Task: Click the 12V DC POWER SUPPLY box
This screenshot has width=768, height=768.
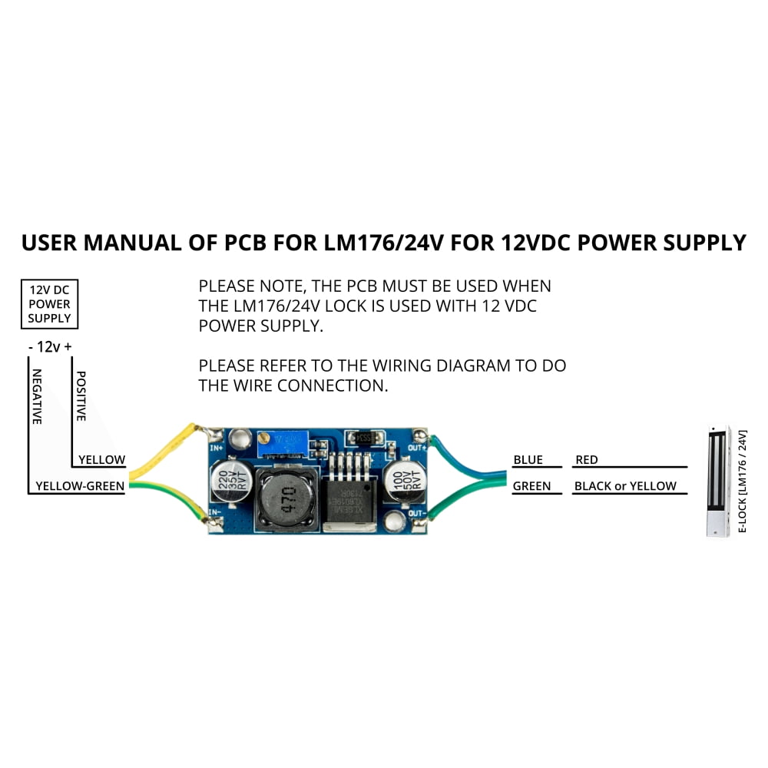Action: pyautogui.click(x=50, y=304)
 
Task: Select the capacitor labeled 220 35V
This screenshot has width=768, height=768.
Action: pyautogui.click(x=230, y=479)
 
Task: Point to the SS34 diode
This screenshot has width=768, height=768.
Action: pyautogui.click(x=364, y=437)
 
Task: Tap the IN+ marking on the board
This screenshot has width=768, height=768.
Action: pyautogui.click(x=216, y=446)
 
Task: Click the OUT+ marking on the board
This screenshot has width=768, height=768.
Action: pyautogui.click(x=417, y=446)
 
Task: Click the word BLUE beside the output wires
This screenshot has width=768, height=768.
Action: pyautogui.click(x=528, y=460)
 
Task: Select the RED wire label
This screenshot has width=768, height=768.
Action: pyautogui.click(x=586, y=460)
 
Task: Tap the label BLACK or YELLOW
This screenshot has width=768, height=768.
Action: pyautogui.click(x=625, y=486)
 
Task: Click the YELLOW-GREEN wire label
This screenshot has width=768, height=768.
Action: pyautogui.click(x=80, y=486)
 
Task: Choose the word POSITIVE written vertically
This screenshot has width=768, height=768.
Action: pyautogui.click(x=81, y=395)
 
